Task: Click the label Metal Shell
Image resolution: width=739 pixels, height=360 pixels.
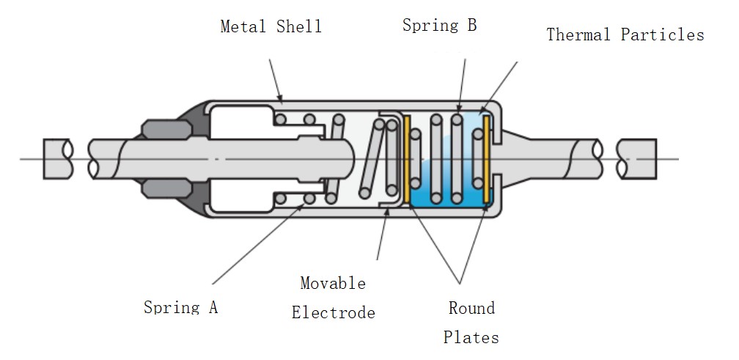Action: pyautogui.click(x=271, y=27)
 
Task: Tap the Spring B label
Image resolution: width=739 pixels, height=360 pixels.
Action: pyautogui.click(x=439, y=26)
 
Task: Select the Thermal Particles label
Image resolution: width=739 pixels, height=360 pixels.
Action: pyautogui.click(x=625, y=34)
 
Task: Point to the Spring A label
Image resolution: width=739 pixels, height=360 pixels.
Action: pyautogui.click(x=180, y=306)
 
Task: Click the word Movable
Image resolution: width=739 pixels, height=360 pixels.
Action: pyautogui.click(x=333, y=283)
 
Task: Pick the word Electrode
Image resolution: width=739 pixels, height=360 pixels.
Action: pyautogui.click(x=333, y=313)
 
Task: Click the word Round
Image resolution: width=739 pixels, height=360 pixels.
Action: pyautogui.click(x=471, y=308)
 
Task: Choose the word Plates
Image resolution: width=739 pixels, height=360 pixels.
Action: pyautogui.click(x=471, y=337)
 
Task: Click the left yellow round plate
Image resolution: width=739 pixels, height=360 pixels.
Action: pyautogui.click(x=406, y=158)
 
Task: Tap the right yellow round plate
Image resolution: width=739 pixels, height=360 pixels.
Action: pyautogui.click(x=486, y=158)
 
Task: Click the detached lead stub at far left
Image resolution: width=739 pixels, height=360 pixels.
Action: pyautogui.click(x=56, y=158)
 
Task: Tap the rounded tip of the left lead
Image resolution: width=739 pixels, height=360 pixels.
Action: pyautogui.click(x=350, y=158)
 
